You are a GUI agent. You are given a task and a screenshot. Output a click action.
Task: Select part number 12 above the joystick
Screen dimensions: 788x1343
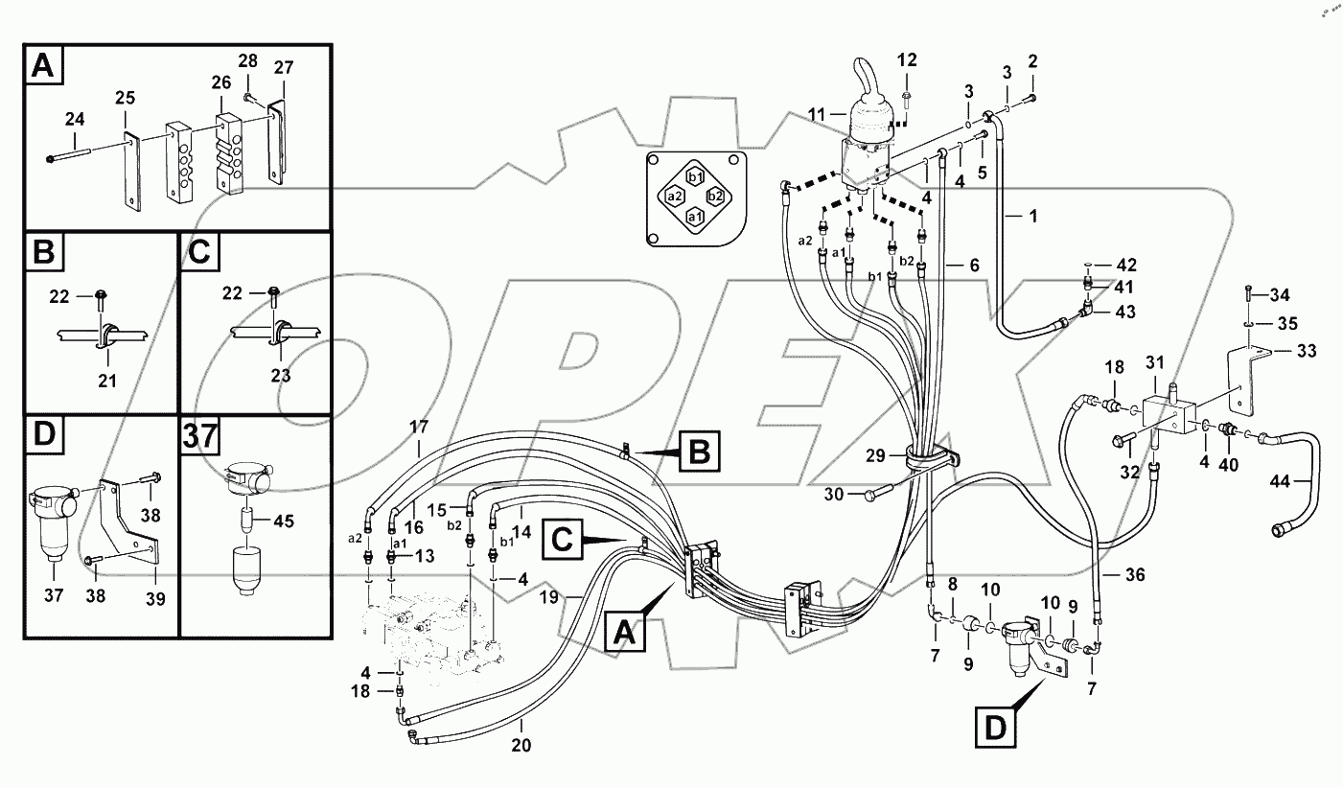[907, 60]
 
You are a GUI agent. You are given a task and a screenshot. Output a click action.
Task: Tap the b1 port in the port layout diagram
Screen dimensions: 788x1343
[696, 175]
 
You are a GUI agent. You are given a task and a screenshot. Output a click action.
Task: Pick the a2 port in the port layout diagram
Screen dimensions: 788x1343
[675, 197]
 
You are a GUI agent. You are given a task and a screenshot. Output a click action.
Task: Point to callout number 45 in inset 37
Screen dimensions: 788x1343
[283, 522]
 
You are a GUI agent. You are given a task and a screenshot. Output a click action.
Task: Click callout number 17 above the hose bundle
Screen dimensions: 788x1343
[419, 425]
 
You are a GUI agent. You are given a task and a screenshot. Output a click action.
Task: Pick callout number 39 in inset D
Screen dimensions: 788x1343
[155, 599]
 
